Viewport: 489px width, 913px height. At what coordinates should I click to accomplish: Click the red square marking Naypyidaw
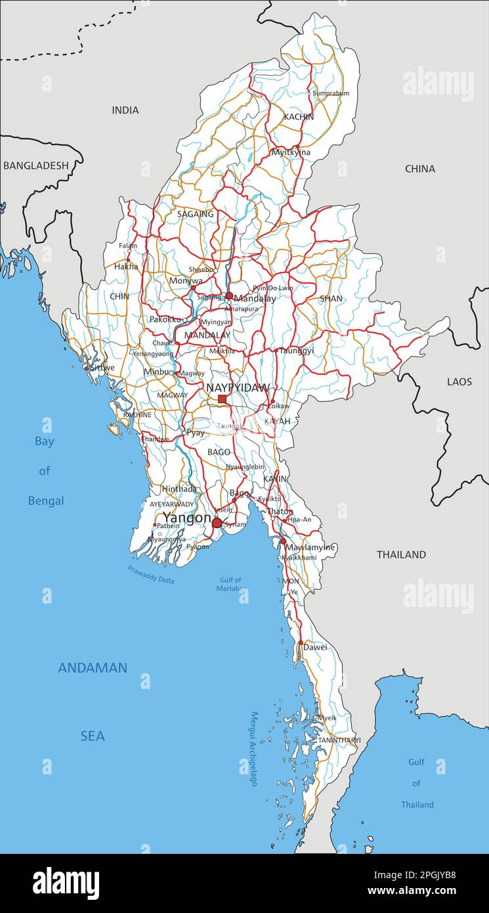pos(222,399)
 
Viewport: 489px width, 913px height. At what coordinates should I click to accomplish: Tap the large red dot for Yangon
pos(217,523)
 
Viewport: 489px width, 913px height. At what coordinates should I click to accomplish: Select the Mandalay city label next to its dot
pos(255,298)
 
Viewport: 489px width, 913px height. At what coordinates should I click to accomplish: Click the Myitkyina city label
pos(291,152)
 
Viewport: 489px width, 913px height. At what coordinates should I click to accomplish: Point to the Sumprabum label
pos(331,93)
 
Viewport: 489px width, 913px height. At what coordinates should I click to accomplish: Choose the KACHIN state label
pos(299,117)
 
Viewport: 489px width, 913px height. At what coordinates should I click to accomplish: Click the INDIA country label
pos(125,110)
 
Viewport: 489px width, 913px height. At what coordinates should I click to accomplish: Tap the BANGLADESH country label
pos(35,166)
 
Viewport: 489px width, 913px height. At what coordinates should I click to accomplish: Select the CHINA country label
pos(420,169)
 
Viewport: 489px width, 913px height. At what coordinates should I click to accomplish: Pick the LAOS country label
pos(459,382)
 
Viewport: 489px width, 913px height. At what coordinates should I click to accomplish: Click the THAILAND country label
pos(401,554)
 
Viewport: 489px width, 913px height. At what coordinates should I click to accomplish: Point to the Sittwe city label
pos(102,368)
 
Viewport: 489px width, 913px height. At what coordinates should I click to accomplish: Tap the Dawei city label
pos(315,647)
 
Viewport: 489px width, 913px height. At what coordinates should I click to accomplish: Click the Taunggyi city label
pos(297,351)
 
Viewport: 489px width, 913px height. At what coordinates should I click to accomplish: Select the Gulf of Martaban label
pos(229,584)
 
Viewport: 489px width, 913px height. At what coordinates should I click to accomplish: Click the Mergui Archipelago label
pos(253,749)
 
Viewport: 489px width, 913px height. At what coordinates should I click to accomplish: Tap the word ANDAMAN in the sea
pos(93,668)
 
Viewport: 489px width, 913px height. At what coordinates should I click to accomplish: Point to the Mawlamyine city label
pos(310,547)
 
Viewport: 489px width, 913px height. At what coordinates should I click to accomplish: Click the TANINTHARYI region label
pos(339,740)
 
